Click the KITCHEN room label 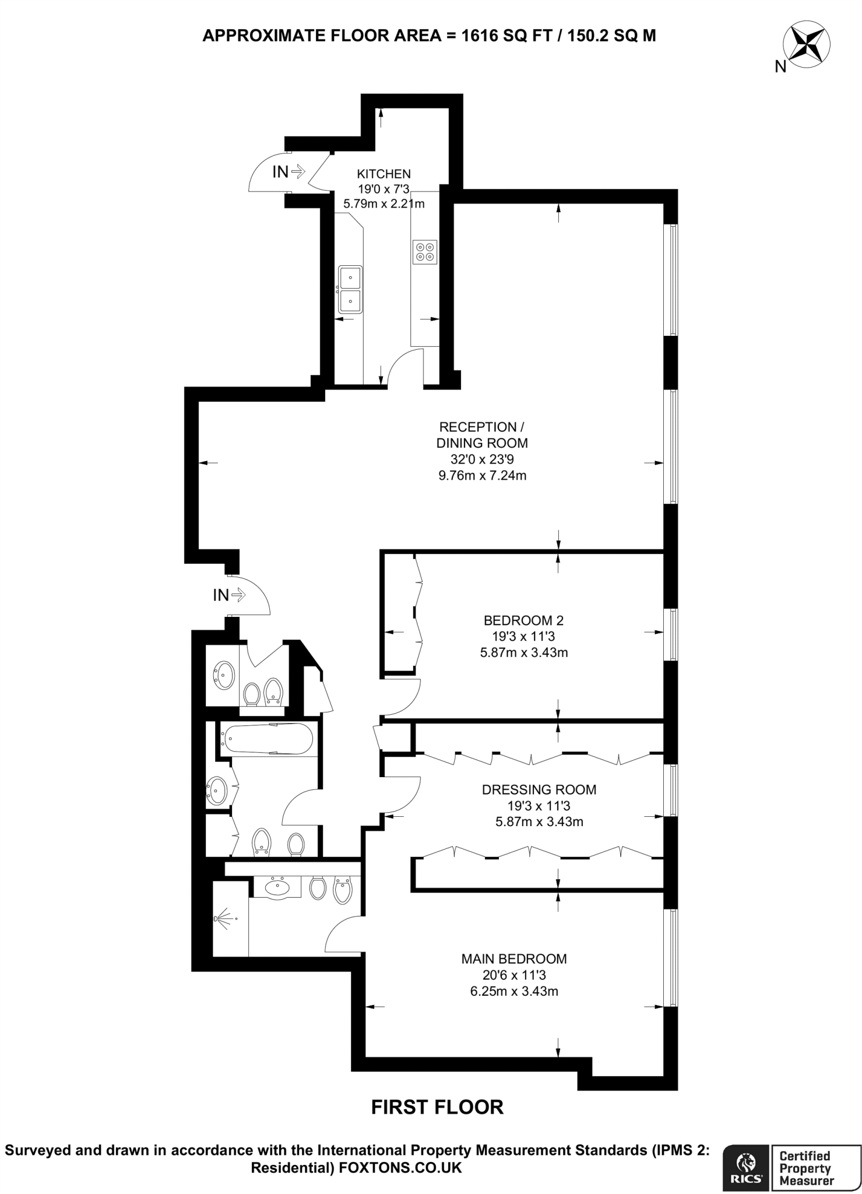[383, 174]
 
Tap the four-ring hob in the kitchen [424, 251]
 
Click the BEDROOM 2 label [523, 620]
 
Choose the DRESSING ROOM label [539, 790]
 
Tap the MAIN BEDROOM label [514, 958]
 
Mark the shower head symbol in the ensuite [218, 919]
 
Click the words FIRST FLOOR [437, 1107]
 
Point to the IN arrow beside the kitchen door [289, 171]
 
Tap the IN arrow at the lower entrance [229, 595]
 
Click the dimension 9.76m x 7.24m [482, 475]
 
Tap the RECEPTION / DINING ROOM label [482, 434]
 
